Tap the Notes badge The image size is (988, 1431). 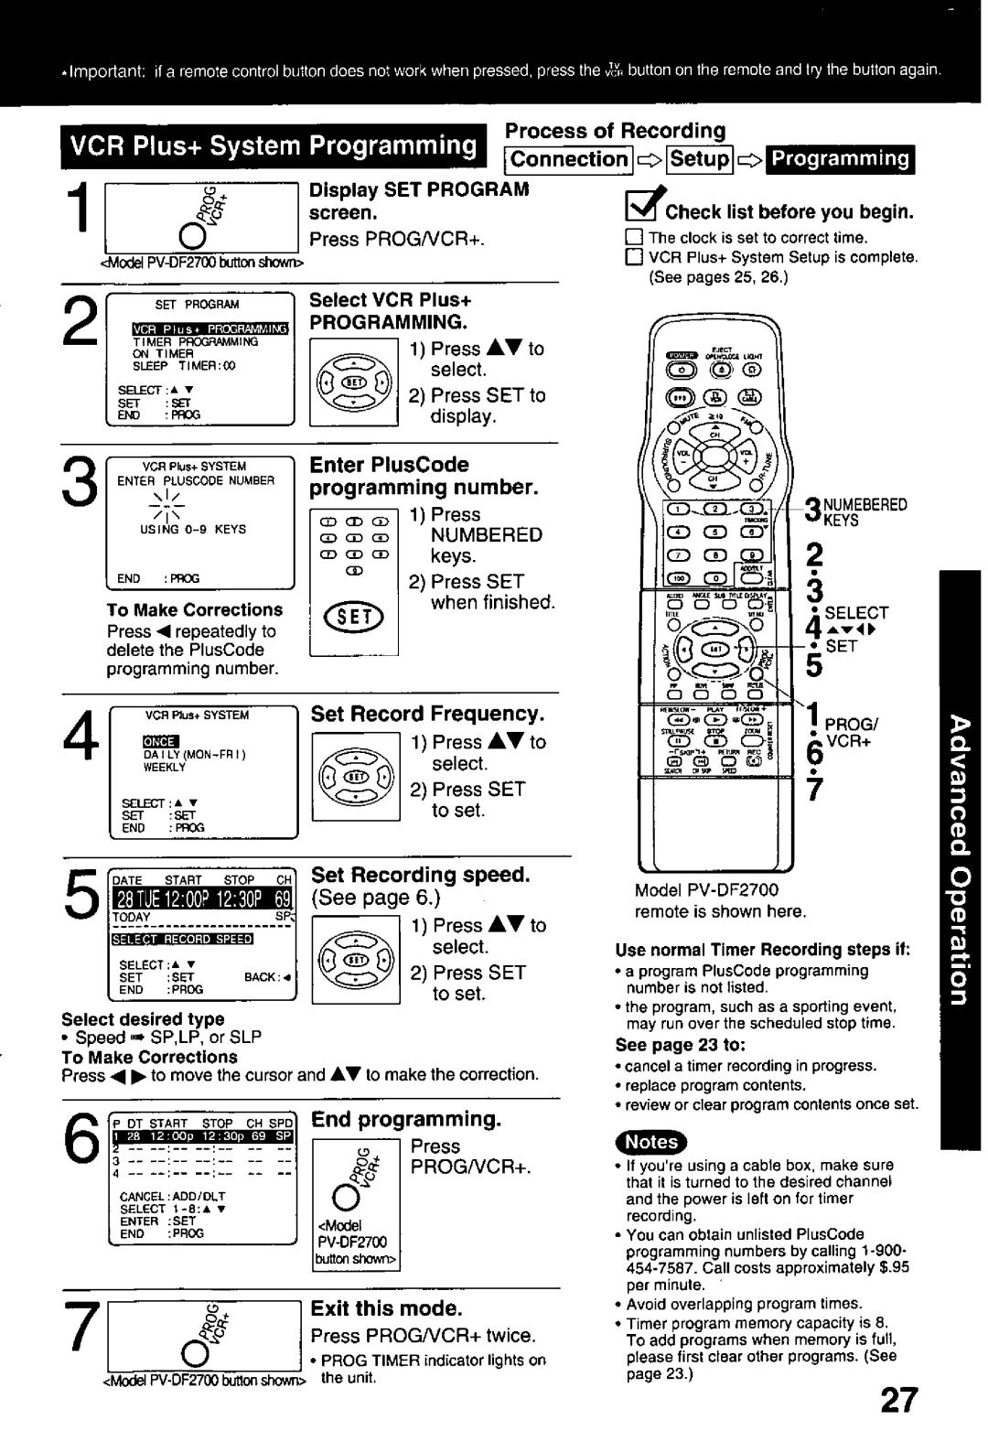[x=651, y=1141]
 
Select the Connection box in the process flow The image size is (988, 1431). [x=569, y=159]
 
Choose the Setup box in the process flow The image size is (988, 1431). [x=700, y=159]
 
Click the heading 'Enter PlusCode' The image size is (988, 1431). [x=390, y=465]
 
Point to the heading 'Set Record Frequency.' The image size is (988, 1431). [x=427, y=714]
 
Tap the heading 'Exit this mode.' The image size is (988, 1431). [x=387, y=1309]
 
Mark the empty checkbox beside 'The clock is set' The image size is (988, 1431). [x=629, y=238]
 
